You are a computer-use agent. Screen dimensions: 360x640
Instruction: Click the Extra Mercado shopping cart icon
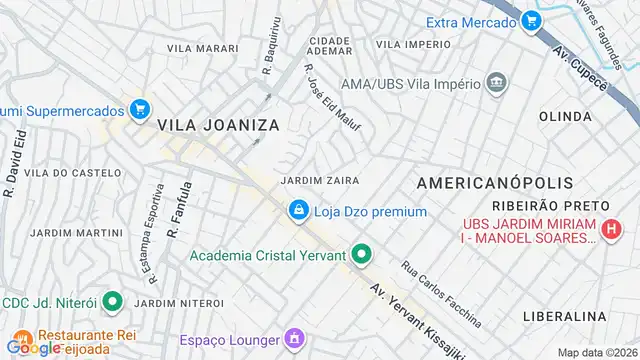(530, 21)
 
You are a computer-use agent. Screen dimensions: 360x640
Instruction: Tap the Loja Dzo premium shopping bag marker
(297, 211)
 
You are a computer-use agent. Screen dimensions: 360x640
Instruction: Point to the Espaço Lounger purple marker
(293, 339)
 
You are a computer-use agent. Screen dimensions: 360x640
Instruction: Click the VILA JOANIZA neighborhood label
(217, 125)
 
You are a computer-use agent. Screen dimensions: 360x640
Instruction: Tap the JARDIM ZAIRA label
(320, 181)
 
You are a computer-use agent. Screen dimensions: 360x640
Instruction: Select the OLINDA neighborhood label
(566, 117)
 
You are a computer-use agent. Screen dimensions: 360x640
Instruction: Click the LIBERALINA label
(565, 316)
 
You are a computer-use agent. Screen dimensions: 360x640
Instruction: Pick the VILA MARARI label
(203, 48)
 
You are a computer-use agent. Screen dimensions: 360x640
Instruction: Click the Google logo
(32, 348)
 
